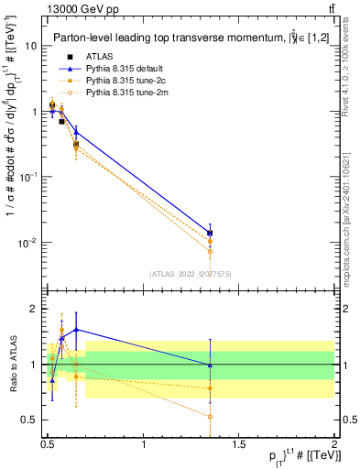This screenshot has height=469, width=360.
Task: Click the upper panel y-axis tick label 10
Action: point(30,46)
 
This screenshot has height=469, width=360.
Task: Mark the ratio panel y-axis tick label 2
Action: point(34,309)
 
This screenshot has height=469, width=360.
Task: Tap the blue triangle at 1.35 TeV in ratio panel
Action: point(210,365)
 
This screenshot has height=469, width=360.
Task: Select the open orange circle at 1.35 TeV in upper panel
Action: point(210,251)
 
